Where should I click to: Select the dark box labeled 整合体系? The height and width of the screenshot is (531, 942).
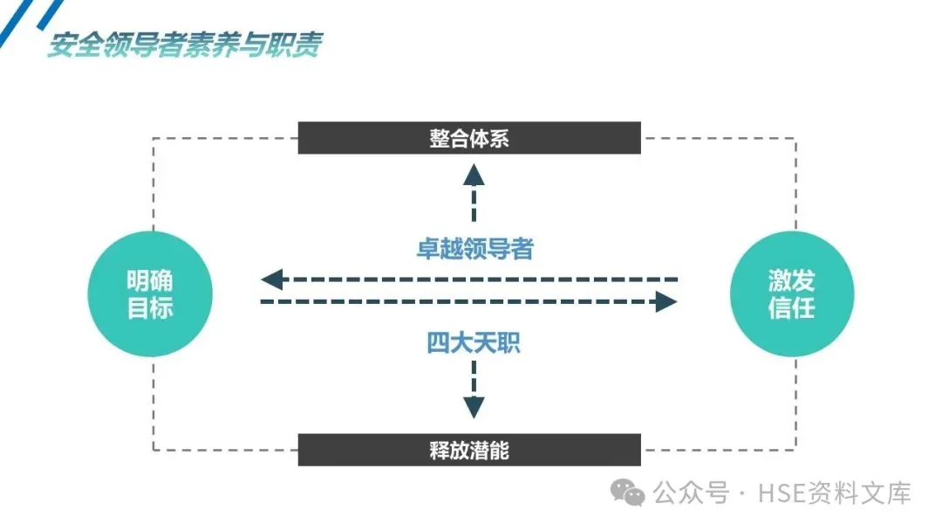(469, 138)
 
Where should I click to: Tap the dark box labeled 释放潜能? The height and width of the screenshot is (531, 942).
(469, 450)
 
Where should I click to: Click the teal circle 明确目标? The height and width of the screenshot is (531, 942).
(150, 293)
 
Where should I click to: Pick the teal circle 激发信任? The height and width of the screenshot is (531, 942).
(791, 293)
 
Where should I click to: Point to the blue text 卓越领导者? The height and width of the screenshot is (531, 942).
(474, 249)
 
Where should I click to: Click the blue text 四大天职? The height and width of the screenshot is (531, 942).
(474, 342)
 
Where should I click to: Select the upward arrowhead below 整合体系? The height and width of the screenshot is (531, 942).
(474, 174)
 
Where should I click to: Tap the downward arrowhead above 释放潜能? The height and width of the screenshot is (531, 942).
(474, 407)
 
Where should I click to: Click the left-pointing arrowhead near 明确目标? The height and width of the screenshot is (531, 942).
(272, 279)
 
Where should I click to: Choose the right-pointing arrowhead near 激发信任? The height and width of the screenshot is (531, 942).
(666, 302)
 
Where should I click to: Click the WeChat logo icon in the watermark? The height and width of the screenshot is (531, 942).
(628, 493)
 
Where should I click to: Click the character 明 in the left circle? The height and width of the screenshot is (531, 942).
(138, 280)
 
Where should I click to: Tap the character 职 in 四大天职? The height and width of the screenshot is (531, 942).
(509, 342)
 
